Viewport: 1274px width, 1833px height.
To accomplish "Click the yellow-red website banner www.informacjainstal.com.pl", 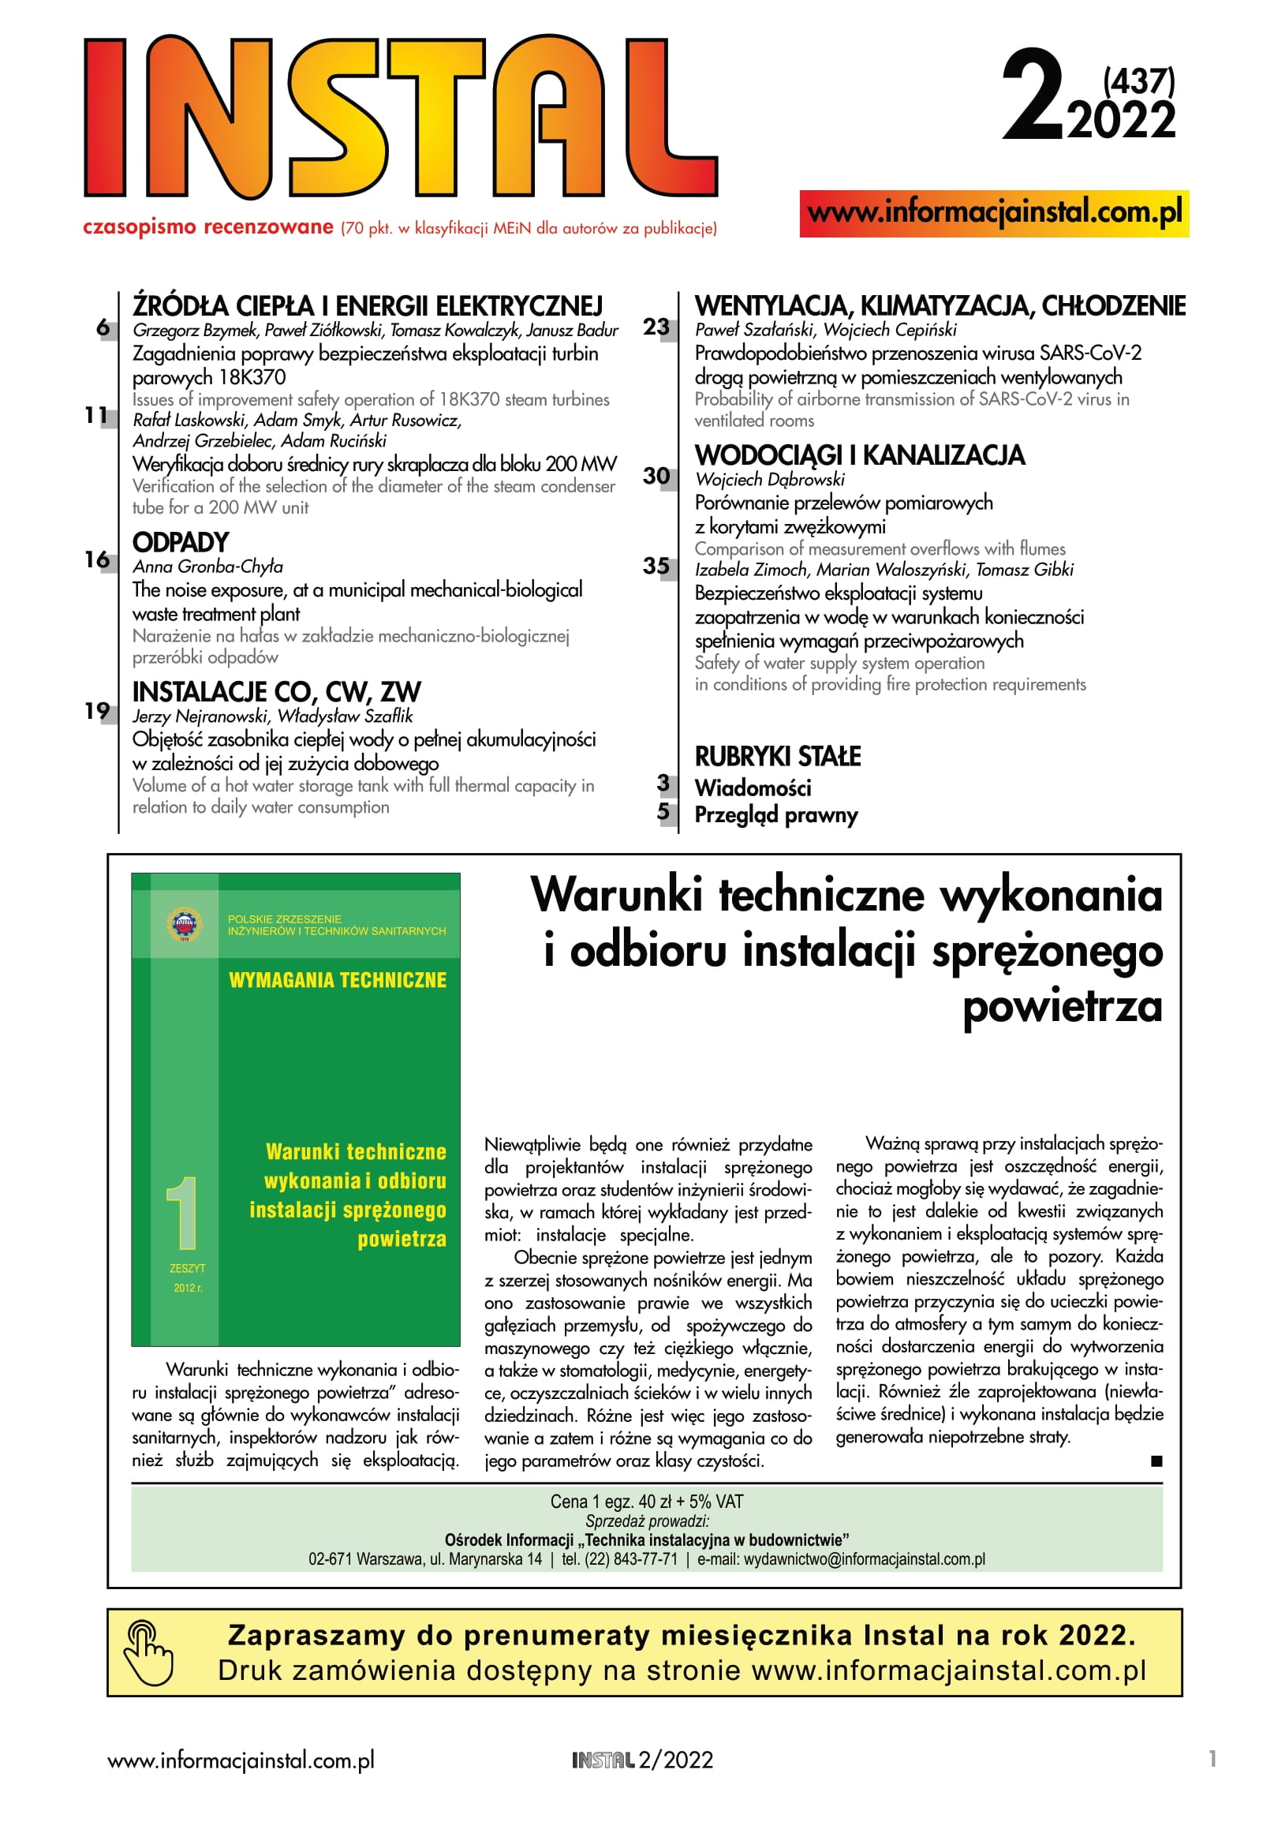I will tap(994, 213).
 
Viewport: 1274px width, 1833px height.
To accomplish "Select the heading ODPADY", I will tap(181, 543).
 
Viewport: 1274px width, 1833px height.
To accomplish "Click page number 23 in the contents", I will tap(656, 327).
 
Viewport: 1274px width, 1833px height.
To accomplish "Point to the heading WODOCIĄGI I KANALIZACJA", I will tap(859, 456).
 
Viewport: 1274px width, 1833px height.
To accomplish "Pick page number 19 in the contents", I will tap(96, 710).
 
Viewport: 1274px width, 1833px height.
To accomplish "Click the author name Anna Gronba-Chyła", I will tap(207, 567).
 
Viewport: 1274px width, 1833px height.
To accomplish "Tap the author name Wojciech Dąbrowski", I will tap(769, 480).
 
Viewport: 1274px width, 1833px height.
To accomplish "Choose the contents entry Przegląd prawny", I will tap(776, 815).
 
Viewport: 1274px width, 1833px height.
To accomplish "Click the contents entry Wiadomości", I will tap(753, 788).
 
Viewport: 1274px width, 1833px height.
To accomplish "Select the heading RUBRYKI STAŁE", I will tap(778, 756).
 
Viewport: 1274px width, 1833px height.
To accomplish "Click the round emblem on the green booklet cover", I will tap(185, 925).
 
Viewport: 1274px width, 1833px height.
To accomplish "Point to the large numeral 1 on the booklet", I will tap(184, 1214).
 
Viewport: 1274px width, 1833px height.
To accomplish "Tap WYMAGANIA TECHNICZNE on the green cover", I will tap(337, 980).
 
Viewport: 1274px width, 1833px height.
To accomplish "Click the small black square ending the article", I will tap(1156, 1461).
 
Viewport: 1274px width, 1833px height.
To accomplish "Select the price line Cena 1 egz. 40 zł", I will tap(646, 1502).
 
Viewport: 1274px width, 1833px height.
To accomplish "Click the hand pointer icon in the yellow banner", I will tap(148, 1653).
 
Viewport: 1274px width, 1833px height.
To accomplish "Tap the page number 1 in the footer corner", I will tap(1212, 1759).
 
